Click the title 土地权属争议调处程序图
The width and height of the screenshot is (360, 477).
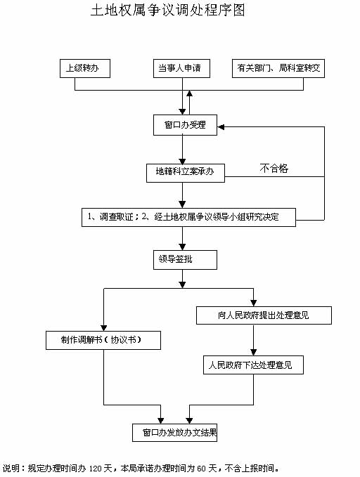168,11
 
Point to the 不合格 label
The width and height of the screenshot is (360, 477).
274,168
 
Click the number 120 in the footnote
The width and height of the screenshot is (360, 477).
95,469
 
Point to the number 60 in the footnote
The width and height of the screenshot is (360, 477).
200,469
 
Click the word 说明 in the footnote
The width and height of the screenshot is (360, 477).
11,469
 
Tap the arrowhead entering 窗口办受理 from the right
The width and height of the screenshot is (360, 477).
221,127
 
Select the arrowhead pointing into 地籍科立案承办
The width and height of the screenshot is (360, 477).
182,161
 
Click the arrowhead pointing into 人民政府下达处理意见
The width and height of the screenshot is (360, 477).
253,352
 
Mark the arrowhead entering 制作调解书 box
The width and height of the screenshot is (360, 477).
104,327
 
